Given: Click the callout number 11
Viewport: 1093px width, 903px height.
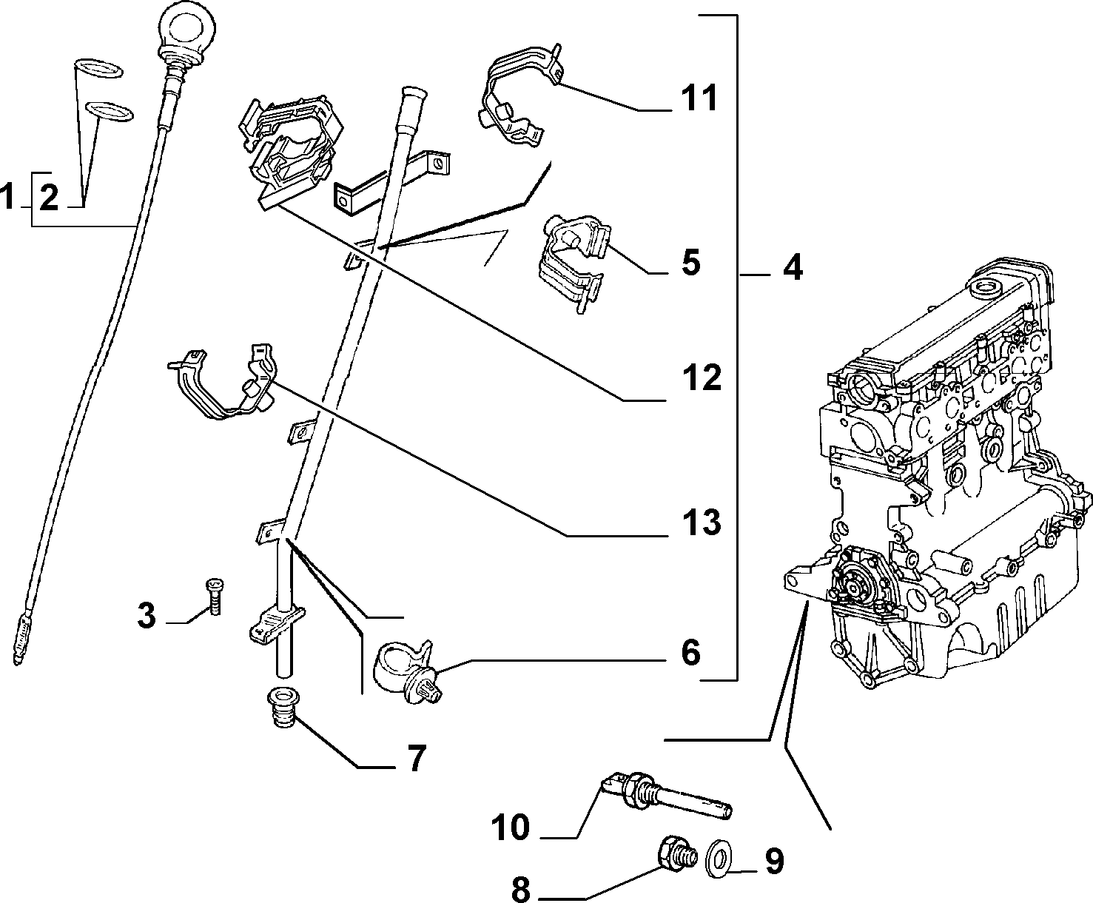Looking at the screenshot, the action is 699,98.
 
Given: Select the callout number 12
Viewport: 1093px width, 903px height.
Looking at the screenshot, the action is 702,378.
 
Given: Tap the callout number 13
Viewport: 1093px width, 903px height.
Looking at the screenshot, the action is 702,523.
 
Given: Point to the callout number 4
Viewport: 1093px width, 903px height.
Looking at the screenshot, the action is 793,267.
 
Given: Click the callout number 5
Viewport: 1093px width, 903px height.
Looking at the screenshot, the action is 691,262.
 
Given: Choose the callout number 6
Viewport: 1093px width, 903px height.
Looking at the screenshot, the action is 691,652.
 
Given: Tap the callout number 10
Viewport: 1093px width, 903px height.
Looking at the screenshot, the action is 511,828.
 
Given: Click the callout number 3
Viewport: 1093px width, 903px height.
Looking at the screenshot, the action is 147,615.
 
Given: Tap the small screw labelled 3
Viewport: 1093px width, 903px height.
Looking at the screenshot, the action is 215,596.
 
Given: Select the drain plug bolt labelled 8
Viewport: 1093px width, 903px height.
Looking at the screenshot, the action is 676,855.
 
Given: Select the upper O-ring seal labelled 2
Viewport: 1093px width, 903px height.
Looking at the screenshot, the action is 98,69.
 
